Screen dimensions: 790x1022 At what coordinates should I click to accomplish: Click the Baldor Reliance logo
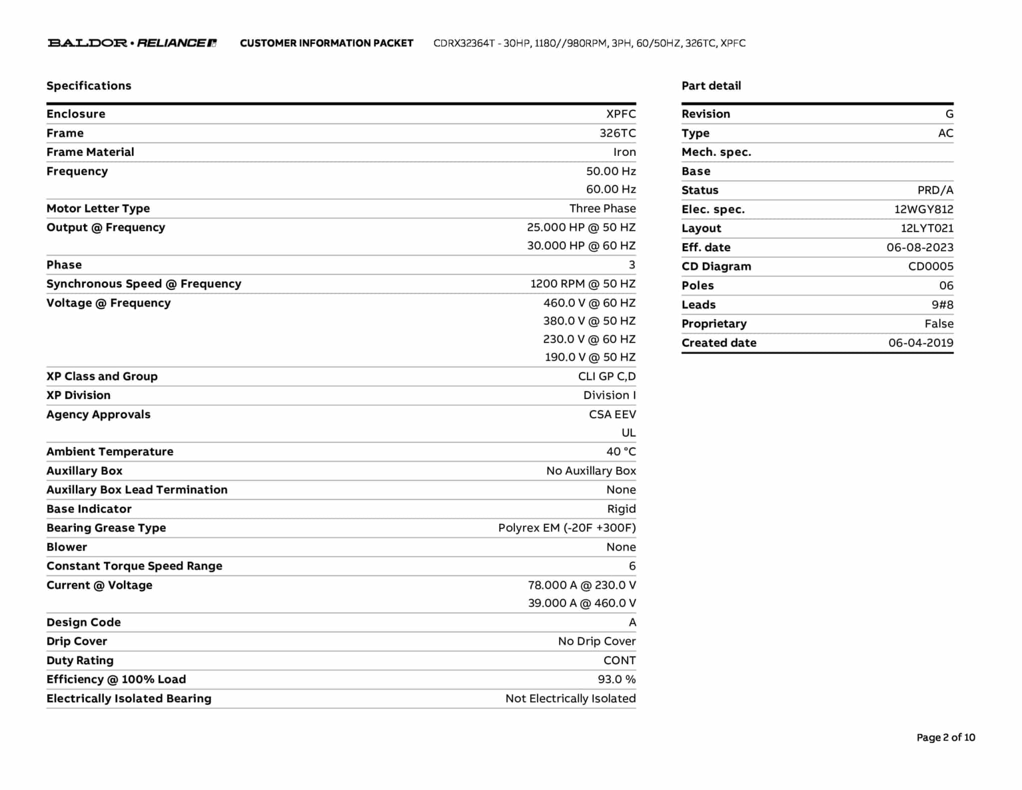point(132,43)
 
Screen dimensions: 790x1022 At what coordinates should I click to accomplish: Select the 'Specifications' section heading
point(89,86)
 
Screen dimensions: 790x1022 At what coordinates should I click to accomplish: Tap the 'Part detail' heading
point(711,86)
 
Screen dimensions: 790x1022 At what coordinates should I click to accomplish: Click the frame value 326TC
point(617,133)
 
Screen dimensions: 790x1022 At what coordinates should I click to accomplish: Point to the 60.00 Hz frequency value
point(611,189)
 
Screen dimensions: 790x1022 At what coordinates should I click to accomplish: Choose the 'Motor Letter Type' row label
point(98,208)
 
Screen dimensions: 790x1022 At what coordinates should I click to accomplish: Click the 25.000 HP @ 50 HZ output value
point(581,227)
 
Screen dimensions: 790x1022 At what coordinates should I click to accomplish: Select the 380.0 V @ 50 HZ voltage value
point(589,321)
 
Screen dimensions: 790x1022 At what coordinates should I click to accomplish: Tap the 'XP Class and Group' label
point(102,376)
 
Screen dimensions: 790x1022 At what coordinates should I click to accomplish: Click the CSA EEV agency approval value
point(612,414)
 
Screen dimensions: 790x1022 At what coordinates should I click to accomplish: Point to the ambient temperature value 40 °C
point(621,451)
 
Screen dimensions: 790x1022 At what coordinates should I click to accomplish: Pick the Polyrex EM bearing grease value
point(566,528)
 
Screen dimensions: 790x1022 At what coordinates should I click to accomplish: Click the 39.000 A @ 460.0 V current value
point(581,603)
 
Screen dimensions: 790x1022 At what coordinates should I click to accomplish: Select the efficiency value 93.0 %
point(616,679)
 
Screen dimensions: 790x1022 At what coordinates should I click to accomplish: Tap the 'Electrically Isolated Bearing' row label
point(129,698)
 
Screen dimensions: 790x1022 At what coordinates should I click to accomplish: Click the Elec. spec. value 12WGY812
point(923,209)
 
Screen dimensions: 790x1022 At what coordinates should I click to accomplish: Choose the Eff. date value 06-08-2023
point(919,247)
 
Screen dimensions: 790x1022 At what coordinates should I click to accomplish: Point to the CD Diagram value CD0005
point(930,266)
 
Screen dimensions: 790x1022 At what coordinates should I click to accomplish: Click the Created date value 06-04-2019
point(920,343)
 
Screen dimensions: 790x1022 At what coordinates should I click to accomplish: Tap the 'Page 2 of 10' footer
point(945,737)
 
